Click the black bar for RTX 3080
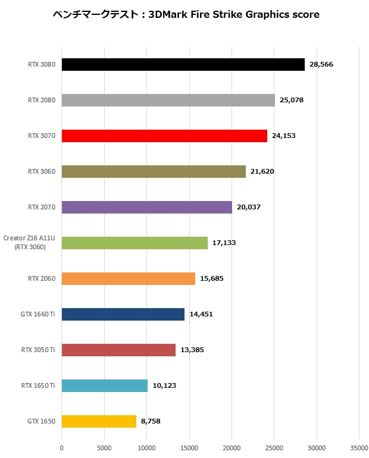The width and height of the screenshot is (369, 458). [x=183, y=64]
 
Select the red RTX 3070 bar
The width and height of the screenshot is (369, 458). [x=164, y=136]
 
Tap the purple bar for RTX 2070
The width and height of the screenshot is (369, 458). [x=146, y=207]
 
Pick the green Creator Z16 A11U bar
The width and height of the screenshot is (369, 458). [x=135, y=243]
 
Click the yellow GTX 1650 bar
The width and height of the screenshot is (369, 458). [x=99, y=421]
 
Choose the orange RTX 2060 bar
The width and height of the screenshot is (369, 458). [x=128, y=278]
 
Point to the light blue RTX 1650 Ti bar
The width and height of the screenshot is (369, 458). [x=104, y=385]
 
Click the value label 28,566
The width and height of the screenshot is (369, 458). [x=321, y=64]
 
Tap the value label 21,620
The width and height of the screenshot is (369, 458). [x=262, y=171]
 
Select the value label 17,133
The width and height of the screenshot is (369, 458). [x=224, y=243]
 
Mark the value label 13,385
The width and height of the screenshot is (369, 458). [x=192, y=350]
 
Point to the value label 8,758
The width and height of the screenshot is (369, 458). [x=151, y=421]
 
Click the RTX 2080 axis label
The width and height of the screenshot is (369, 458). [x=42, y=100]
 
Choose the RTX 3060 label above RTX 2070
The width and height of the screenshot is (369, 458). [x=42, y=171]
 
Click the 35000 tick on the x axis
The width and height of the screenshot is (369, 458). [x=359, y=447]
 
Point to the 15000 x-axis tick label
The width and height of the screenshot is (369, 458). [x=189, y=447]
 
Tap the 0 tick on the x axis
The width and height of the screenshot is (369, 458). [x=62, y=447]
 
